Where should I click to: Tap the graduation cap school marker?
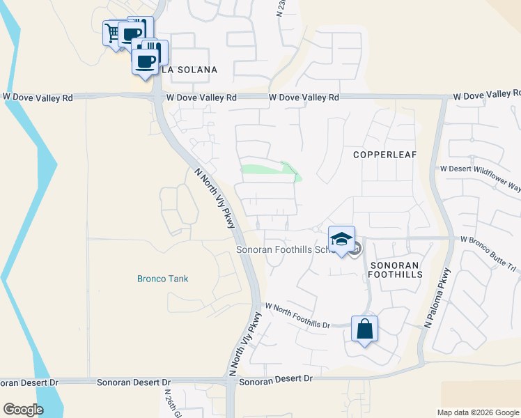(341, 240)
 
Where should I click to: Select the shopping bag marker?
(365, 329)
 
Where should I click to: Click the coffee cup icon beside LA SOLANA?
(146, 61)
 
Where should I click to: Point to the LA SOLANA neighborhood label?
(189, 70)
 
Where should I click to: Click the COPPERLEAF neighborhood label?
(384, 154)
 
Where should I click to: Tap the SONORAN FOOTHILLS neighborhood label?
(396, 270)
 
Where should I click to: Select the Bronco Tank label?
(162, 279)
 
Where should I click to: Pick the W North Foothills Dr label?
(297, 316)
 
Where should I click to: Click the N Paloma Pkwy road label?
(437, 298)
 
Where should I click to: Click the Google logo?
(23, 410)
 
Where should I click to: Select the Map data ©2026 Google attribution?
(477, 412)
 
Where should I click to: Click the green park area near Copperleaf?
(269, 170)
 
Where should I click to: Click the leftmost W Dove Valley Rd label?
(38, 98)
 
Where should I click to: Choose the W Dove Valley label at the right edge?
(487, 94)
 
